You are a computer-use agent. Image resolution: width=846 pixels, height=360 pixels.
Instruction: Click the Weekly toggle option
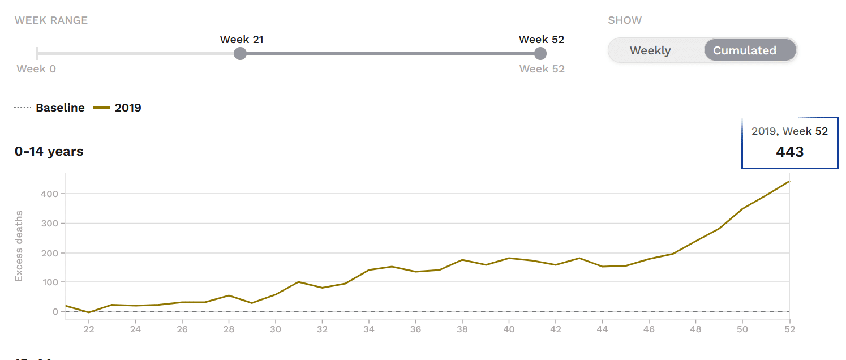tap(650, 50)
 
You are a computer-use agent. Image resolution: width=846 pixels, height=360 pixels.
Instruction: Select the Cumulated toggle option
tap(745, 50)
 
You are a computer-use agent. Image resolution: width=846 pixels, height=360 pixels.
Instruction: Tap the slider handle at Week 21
tap(241, 54)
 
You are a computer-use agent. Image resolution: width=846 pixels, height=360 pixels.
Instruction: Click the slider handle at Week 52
tap(540, 54)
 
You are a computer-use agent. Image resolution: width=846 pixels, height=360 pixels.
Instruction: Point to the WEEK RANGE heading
tap(51, 20)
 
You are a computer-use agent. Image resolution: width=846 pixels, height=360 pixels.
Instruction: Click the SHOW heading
tap(625, 20)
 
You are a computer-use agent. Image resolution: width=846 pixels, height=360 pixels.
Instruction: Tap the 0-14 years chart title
tap(49, 152)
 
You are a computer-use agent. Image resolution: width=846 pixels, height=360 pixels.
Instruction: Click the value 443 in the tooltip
tap(790, 152)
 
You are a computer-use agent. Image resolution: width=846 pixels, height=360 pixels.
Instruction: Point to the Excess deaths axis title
tap(19, 246)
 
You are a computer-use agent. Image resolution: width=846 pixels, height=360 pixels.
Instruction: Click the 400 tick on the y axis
tap(49, 194)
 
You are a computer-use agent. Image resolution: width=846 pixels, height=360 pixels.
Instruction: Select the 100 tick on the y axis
tap(49, 282)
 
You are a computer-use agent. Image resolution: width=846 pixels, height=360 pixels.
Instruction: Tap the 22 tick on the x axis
tap(89, 329)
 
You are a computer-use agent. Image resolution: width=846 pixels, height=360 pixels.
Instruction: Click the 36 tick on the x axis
tap(415, 329)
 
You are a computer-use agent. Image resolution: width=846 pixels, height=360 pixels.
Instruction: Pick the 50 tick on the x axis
tap(742, 329)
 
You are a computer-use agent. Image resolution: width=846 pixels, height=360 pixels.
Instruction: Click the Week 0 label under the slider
tap(36, 69)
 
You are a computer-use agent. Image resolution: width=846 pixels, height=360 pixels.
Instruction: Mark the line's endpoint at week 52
tap(789, 181)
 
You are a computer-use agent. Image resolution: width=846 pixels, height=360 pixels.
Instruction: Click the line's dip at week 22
tap(89, 312)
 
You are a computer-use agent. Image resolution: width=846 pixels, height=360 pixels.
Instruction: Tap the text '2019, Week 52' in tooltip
tap(789, 131)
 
